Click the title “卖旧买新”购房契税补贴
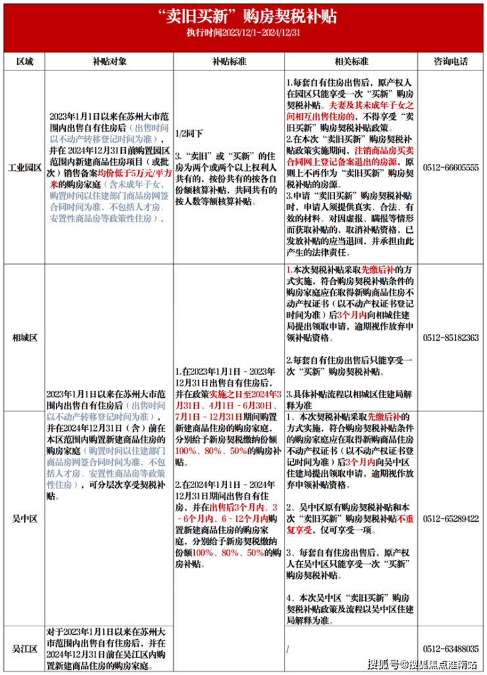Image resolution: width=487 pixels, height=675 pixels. pos(243,16)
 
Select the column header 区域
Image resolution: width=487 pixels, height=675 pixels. pos(24,61)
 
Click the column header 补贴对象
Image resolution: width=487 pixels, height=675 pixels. pos(109,61)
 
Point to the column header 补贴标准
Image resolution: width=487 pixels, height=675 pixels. pos(228,61)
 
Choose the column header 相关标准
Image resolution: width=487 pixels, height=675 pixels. pos(350,61)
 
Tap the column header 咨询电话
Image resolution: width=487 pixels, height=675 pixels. pos(451,61)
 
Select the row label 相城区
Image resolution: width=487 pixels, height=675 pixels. pos(24,337)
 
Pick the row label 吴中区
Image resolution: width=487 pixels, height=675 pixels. pos(24,518)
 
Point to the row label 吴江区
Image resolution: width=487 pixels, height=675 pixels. pos(24,649)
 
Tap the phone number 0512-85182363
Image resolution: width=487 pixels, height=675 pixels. pos(451,337)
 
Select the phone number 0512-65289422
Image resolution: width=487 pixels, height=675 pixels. pos(451,518)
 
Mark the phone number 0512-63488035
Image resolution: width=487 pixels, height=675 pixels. pos(451,649)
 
